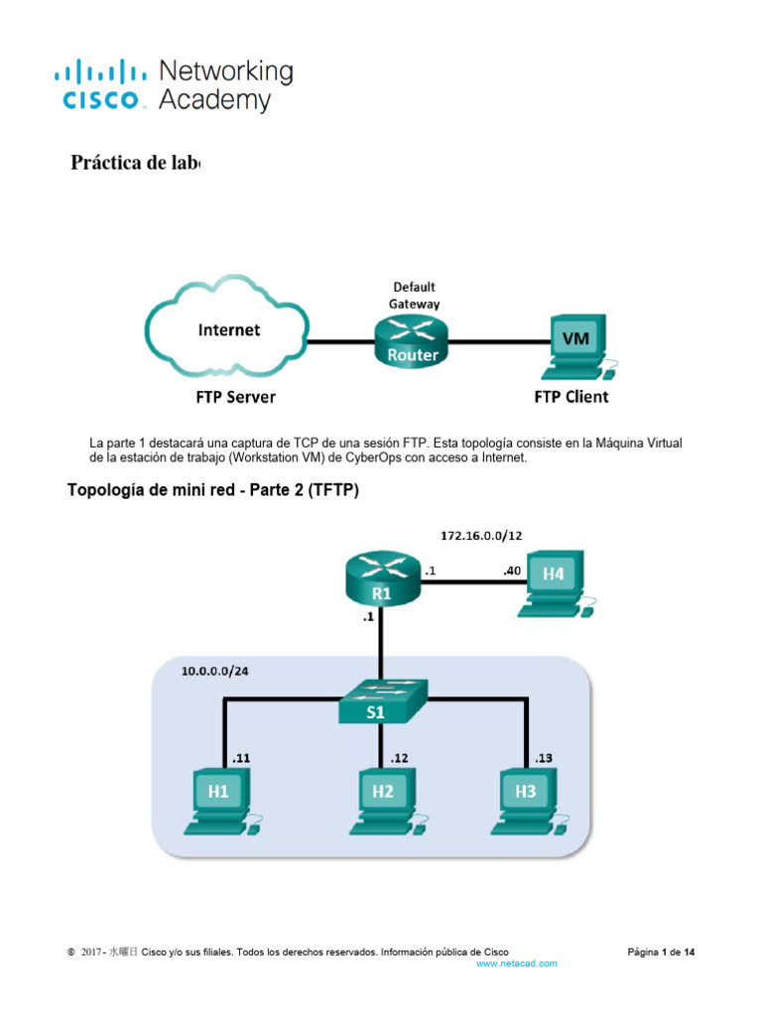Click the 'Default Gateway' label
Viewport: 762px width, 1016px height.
(414, 296)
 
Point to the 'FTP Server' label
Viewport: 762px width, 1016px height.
(235, 398)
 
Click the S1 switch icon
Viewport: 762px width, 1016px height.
(383, 701)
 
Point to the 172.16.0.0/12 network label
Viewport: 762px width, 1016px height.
(481, 535)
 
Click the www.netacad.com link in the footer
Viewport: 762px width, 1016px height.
(517, 963)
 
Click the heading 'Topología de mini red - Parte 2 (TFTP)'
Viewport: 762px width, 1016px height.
(212, 489)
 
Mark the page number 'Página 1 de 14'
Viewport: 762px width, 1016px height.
(662, 952)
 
